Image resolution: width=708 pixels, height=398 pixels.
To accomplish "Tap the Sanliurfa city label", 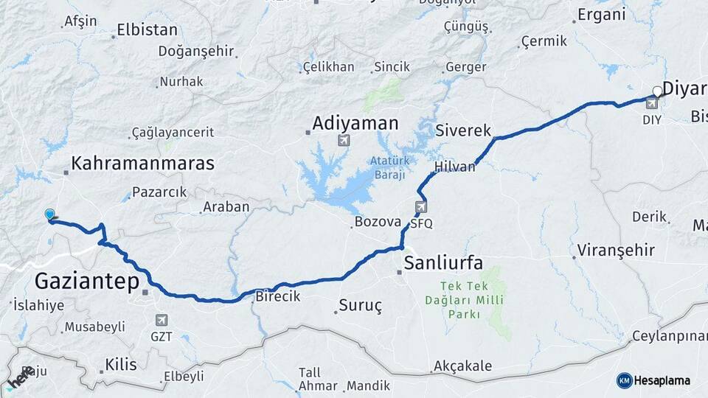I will pyautogui.click(x=443, y=263).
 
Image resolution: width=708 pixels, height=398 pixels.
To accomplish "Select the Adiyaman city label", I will pyautogui.click(x=355, y=122).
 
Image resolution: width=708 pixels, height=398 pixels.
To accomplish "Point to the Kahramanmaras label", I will pyautogui.click(x=142, y=163).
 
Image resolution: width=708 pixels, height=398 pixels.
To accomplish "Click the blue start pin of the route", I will pyautogui.click(x=49, y=214).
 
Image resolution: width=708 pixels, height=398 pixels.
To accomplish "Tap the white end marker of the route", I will pyautogui.click(x=656, y=92).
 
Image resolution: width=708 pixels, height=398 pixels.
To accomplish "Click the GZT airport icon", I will pyautogui.click(x=162, y=320).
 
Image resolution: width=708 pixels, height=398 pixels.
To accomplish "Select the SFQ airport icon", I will pyautogui.click(x=421, y=207).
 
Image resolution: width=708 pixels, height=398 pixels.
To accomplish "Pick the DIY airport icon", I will pyautogui.click(x=652, y=105).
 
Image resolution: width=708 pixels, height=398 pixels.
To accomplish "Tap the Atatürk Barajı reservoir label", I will pyautogui.click(x=388, y=169).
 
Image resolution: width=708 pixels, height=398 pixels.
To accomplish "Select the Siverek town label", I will pyautogui.click(x=463, y=130).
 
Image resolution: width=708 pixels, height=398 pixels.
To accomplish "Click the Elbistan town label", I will pyautogui.click(x=147, y=31).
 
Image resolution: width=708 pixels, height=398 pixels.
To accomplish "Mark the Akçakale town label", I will pyautogui.click(x=462, y=366).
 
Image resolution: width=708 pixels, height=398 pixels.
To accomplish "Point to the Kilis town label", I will pyautogui.click(x=121, y=364).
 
